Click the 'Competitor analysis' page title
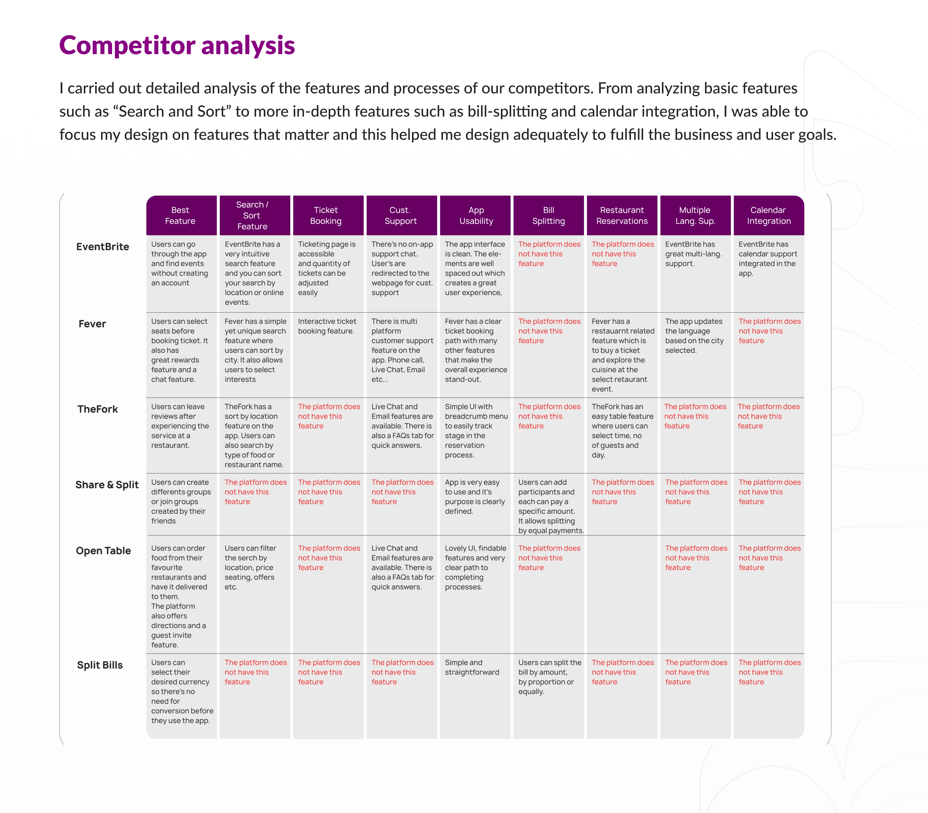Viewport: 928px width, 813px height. [x=177, y=45]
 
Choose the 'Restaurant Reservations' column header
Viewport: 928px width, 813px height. [x=622, y=216]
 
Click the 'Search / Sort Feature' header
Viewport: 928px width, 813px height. [x=252, y=216]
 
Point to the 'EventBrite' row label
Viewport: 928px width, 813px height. [x=102, y=247]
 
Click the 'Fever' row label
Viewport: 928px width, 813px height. [x=92, y=324]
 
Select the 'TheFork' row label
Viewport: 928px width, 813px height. [x=98, y=409]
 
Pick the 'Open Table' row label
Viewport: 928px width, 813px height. [x=104, y=551]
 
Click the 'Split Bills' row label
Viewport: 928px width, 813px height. [x=100, y=665]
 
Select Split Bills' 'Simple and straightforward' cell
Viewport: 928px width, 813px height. [x=472, y=667]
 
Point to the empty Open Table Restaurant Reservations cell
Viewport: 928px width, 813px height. [x=622, y=594]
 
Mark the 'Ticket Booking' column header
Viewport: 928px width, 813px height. [x=326, y=216]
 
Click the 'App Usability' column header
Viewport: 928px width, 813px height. [x=476, y=216]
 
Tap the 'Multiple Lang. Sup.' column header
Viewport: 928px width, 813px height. [x=695, y=216]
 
